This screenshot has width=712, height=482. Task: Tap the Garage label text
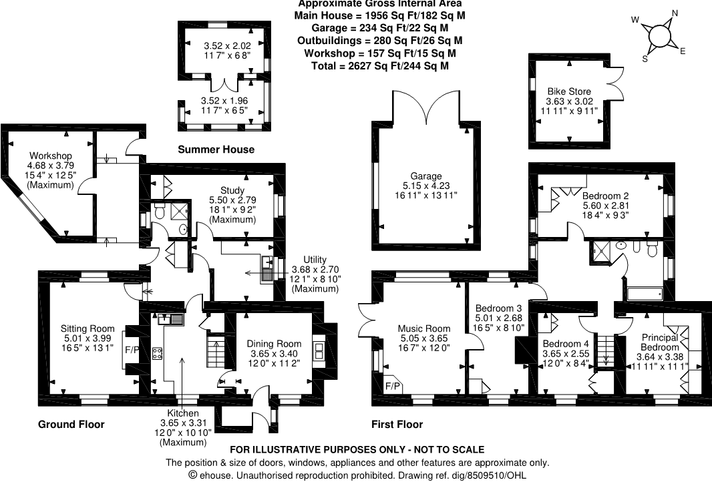coord(427,176)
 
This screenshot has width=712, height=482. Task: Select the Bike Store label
coord(569,91)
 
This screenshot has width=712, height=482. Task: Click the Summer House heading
coord(216,150)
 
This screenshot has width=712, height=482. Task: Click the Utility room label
coord(315,259)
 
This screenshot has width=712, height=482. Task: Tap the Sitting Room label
coord(87,328)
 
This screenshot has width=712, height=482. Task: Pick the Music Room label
coord(424,328)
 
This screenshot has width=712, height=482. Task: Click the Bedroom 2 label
coord(605,196)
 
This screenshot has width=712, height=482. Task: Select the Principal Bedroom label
coord(661,342)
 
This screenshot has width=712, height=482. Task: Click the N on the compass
coord(675,13)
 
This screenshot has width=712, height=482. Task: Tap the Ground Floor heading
coord(71,425)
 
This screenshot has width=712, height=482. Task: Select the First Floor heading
coord(397,425)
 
